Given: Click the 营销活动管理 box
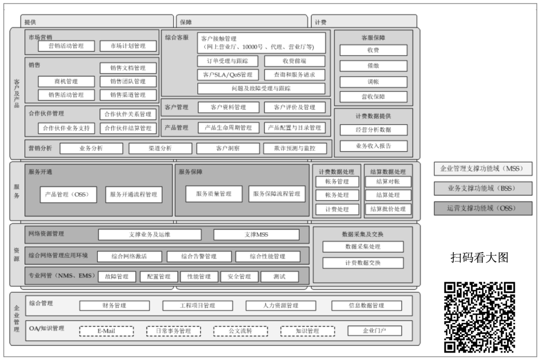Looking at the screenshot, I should pyautogui.click(x=66, y=46).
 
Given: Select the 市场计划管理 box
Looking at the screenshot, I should pyautogui.click(x=128, y=46).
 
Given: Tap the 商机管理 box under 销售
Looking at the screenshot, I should pyautogui.click(x=66, y=81).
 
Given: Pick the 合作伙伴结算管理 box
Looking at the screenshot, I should pyautogui.click(x=128, y=128).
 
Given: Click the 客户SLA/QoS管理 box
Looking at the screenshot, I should pyautogui.click(x=228, y=75).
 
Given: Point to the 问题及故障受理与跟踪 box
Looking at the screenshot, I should pyautogui.click(x=261, y=88).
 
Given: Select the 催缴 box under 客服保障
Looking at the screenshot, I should pyautogui.click(x=373, y=66).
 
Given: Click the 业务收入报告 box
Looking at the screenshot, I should pyautogui.click(x=373, y=146).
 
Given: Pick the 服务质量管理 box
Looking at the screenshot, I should pyautogui.click(x=213, y=194).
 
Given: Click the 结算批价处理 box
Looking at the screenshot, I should pyautogui.click(x=388, y=209).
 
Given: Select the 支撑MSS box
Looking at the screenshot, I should pyautogui.click(x=256, y=234).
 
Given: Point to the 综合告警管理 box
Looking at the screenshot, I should pyautogui.click(x=199, y=256).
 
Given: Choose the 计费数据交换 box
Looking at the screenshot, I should pyautogui.click(x=362, y=263).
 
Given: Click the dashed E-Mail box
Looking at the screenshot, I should pyautogui.click(x=106, y=331).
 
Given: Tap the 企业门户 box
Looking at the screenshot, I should pyautogui.click(x=374, y=331).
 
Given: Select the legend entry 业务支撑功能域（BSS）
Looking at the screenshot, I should pyautogui.click(x=483, y=188).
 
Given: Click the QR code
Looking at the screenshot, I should pyautogui.click(x=479, y=317).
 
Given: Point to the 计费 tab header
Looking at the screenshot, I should pyautogui.click(x=363, y=22).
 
